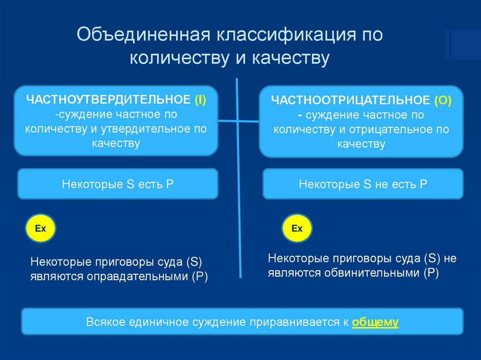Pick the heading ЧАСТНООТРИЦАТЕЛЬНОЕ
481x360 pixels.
pos(350,100)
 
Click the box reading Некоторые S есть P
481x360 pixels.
pos(118,184)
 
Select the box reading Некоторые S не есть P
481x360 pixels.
pos(363,184)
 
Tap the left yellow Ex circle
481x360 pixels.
pos(41,229)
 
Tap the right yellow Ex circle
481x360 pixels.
pos(297,229)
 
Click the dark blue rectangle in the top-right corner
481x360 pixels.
pos(462,44)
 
